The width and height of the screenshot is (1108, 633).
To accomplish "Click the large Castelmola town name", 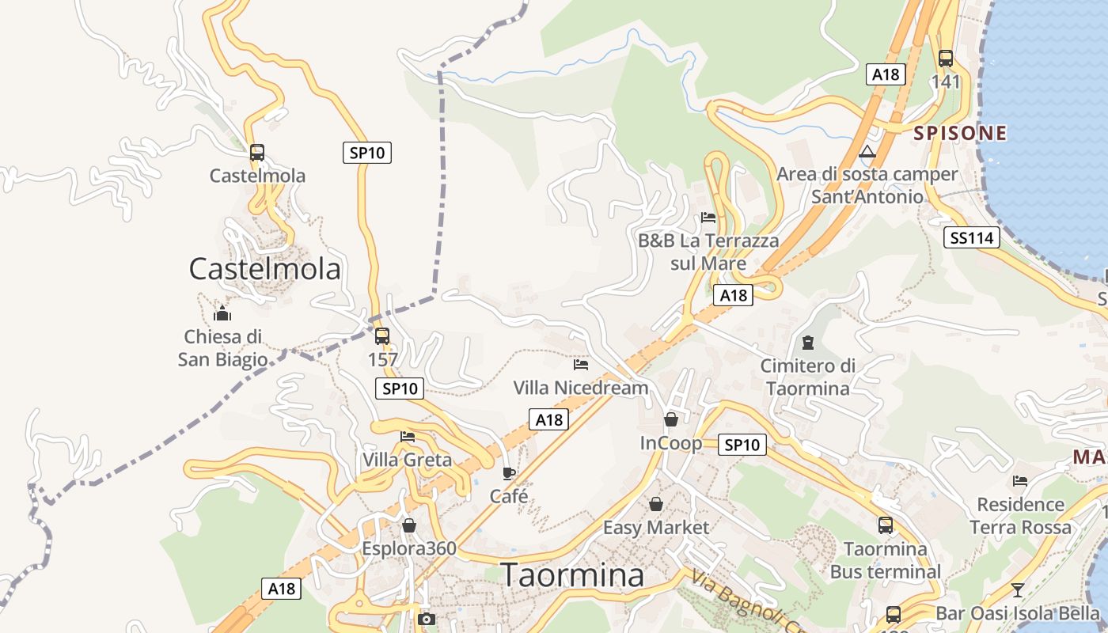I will click(264, 269).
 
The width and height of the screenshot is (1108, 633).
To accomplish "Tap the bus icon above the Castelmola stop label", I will click(257, 153).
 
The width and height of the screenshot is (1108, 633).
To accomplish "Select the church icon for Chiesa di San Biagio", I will click(222, 313).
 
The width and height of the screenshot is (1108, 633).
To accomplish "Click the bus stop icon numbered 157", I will click(382, 336).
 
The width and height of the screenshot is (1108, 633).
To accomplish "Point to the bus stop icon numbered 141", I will click(945, 58).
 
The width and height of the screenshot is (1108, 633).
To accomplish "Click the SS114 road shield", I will click(971, 237).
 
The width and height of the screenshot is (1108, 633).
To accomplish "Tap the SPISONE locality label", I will click(960, 133).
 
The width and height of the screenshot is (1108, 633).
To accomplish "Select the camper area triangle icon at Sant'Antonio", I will click(867, 151).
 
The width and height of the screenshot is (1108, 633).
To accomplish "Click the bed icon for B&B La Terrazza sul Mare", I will click(708, 218).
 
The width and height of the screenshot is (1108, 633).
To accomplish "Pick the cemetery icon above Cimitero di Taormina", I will click(807, 343).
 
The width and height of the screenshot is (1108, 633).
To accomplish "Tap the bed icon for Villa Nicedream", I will click(581, 365).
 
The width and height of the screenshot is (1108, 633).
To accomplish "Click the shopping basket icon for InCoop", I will click(671, 419).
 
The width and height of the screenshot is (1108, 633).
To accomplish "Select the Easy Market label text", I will click(656, 527).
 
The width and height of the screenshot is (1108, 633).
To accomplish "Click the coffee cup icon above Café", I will click(509, 473).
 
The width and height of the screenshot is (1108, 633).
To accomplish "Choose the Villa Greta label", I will click(407, 460).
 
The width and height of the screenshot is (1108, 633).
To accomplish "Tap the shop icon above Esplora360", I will click(409, 525).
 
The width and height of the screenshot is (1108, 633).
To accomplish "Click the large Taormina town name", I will click(573, 575).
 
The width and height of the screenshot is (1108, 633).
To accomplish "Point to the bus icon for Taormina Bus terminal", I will click(885, 525).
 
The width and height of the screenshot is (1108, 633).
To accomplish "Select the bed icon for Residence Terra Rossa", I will click(1020, 480).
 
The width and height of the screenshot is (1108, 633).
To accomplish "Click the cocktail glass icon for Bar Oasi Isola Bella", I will click(1017, 589).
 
